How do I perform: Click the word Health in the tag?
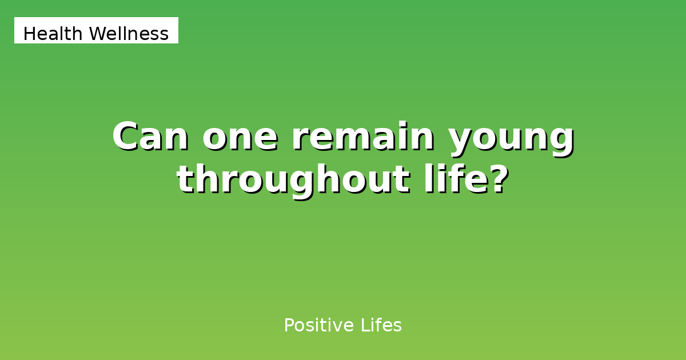(53, 33)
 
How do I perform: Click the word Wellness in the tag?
(129, 33)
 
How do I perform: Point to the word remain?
(363, 136)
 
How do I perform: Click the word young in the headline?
(512, 140)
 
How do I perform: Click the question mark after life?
(498, 179)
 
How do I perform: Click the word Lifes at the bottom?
(381, 325)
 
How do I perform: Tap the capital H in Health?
(29, 33)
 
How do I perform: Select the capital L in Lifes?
(366, 325)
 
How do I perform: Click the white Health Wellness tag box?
(96, 30)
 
